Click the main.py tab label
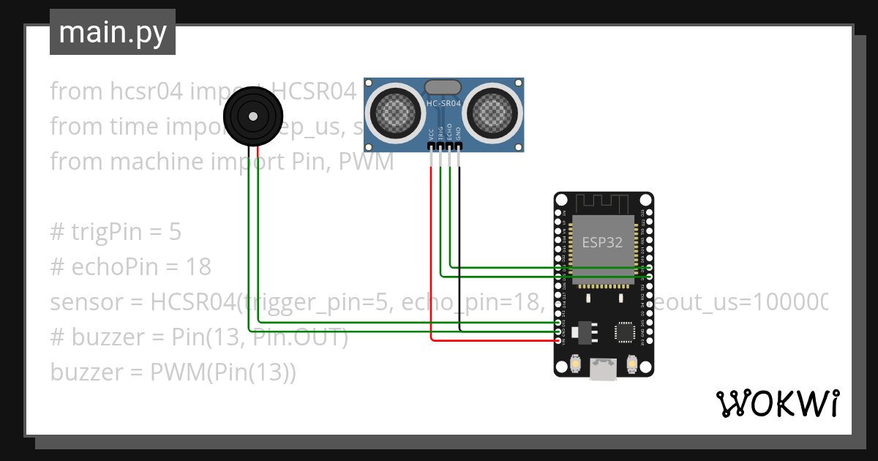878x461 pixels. (112, 32)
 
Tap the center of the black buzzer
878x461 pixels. (253, 116)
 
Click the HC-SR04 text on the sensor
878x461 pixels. (443, 104)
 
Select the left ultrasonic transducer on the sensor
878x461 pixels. (394, 110)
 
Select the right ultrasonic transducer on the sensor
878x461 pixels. (492, 110)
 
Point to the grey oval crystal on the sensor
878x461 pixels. (443, 89)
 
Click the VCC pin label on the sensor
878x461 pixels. (431, 134)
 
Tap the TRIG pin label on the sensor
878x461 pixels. (440, 134)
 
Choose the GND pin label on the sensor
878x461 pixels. (459, 134)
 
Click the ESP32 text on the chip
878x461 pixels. (602, 242)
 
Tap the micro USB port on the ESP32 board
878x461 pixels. (604, 370)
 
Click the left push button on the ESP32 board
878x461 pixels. (575, 364)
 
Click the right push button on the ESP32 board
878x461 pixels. (632, 364)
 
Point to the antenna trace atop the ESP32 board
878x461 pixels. (603, 203)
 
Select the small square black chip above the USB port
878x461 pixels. (626, 332)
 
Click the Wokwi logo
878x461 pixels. (776, 403)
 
